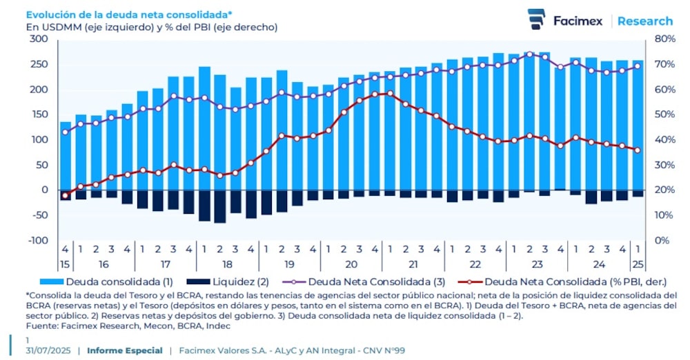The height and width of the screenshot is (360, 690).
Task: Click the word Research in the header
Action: point(644,21)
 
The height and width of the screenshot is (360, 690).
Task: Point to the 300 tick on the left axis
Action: point(40,39)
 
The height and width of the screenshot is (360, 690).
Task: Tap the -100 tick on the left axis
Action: point(38,240)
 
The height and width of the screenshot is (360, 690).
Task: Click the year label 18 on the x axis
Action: point(227,264)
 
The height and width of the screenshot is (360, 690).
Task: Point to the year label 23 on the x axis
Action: point(537,264)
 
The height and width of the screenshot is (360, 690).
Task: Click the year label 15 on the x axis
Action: point(65,264)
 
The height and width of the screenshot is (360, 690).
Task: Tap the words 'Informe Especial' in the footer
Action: point(125,350)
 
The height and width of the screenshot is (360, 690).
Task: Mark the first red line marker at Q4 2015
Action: point(66,196)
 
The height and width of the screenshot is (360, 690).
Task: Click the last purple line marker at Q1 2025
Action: point(637,66)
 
